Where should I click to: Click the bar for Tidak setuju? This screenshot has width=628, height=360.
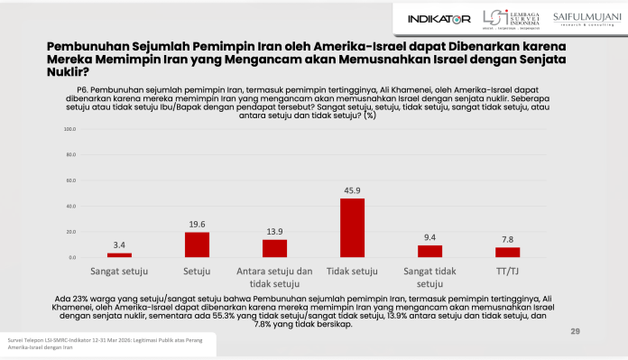tap(352, 227)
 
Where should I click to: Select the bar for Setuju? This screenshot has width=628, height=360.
tap(197, 245)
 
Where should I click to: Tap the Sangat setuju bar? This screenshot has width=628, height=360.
tap(119, 255)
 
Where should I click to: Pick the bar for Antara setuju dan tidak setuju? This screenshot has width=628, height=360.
tap(274, 248)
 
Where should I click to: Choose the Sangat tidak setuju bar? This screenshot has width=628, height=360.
tap(429, 251)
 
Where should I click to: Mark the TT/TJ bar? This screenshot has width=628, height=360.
tap(507, 252)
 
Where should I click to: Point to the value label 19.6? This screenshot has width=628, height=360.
tap(197, 226)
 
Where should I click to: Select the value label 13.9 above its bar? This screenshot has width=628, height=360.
tap(274, 233)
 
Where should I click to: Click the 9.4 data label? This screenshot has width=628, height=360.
tap(429, 238)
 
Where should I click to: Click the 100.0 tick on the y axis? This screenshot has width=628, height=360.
tap(67, 129)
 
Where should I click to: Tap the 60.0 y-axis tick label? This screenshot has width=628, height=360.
tap(69, 180)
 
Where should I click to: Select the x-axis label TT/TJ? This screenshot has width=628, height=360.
tap(507, 270)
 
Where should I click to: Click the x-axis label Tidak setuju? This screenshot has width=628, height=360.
tap(352, 270)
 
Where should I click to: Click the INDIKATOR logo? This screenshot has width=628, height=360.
tap(439, 18)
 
